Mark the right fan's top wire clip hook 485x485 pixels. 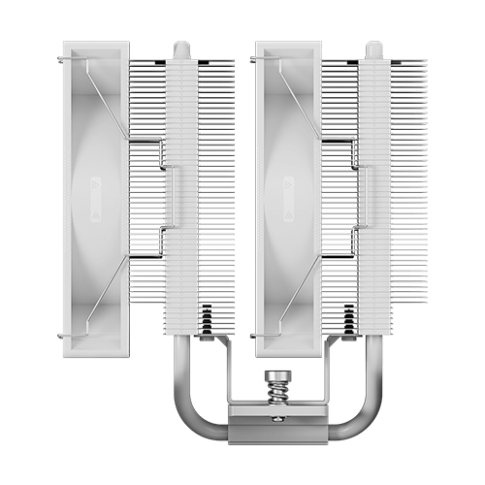[254, 58]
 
